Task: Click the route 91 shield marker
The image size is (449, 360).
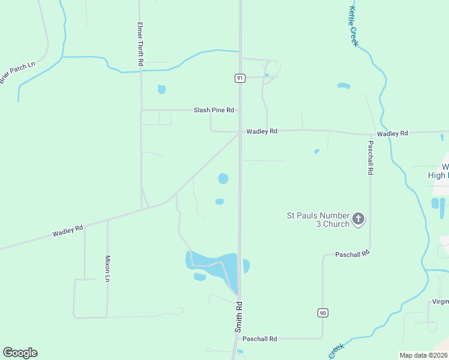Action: tap(240, 78)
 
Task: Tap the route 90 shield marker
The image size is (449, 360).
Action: tap(322, 313)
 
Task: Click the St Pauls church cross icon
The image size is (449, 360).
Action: tap(358, 219)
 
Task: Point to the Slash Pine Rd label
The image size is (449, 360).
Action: tap(213, 110)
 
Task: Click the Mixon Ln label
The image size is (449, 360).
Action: tap(108, 268)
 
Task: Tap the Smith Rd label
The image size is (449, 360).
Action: tap(238, 317)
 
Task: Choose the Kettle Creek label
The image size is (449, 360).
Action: tap(353, 26)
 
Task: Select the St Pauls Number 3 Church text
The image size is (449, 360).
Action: tap(318, 219)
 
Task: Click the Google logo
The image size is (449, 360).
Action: tap(20, 353)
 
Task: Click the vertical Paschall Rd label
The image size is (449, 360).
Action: tap(370, 158)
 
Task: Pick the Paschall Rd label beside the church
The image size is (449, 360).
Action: tap(352, 254)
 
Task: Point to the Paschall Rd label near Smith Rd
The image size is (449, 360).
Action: tap(259, 339)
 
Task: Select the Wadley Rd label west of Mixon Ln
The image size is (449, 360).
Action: tap(67, 230)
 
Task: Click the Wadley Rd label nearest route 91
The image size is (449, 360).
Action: tap(262, 131)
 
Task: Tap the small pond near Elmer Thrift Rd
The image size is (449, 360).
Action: tap(161, 89)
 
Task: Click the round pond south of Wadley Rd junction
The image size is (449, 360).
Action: tap(223, 178)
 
